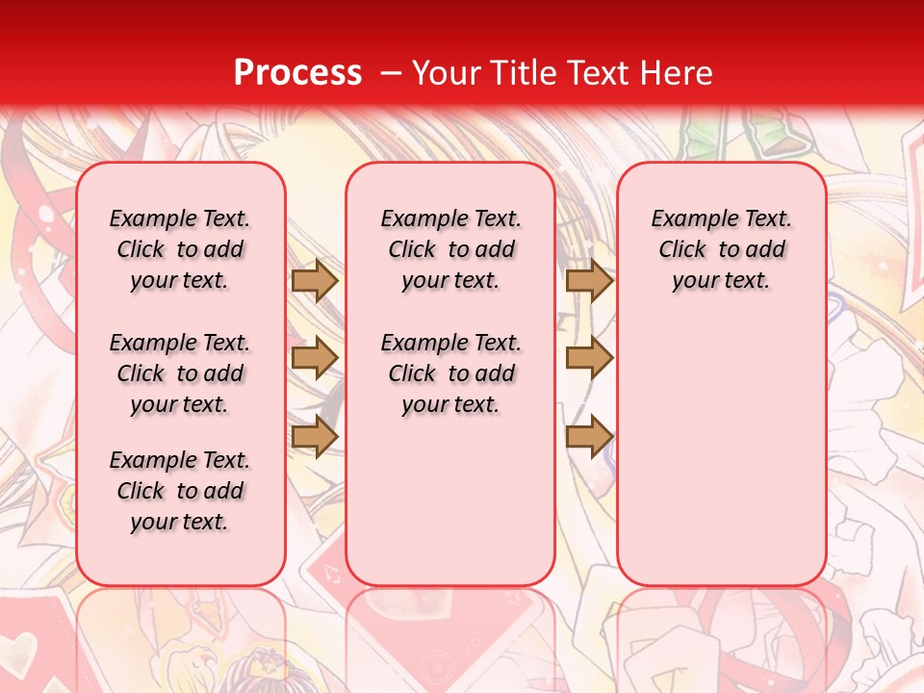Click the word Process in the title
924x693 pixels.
click(297, 73)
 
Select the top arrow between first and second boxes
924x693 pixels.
click(315, 281)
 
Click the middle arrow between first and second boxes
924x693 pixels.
click(315, 358)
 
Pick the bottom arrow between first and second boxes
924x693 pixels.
click(315, 436)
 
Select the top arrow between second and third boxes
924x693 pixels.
click(589, 281)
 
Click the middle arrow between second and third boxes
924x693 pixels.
click(589, 358)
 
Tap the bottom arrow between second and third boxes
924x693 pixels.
click(589, 436)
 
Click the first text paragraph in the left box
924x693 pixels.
click(180, 249)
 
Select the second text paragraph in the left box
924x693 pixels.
click(180, 373)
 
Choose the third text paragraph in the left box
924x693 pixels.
click(180, 491)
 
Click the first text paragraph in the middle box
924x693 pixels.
click(451, 249)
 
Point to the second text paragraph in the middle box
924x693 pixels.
click(451, 373)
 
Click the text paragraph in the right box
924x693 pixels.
click(722, 249)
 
